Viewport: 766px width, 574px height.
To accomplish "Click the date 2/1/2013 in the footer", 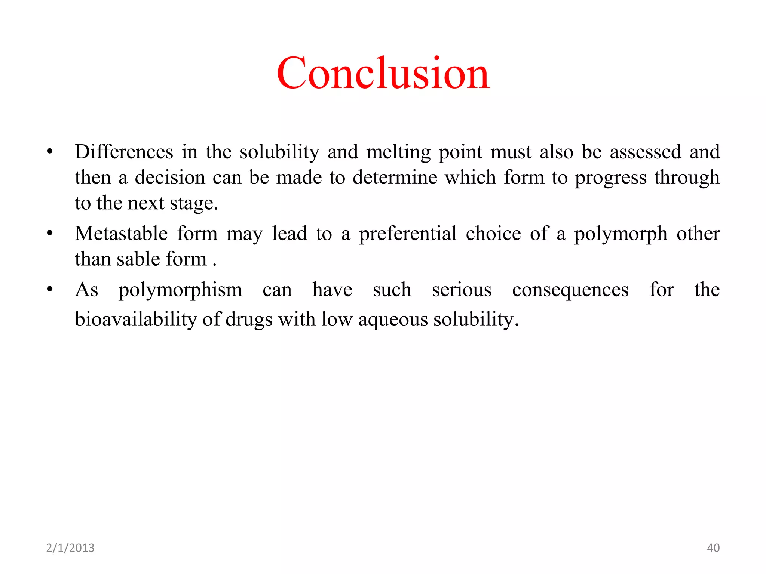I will tap(70, 548).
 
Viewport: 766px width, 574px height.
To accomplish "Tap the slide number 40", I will tap(713, 548).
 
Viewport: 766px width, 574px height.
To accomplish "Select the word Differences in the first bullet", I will tap(124, 152).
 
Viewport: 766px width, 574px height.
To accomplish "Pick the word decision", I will tap(170, 178).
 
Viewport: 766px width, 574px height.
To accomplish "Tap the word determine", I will tap(395, 178).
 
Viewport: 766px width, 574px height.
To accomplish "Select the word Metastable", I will tap(121, 234).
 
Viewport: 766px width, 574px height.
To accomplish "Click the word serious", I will tap(462, 290).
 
